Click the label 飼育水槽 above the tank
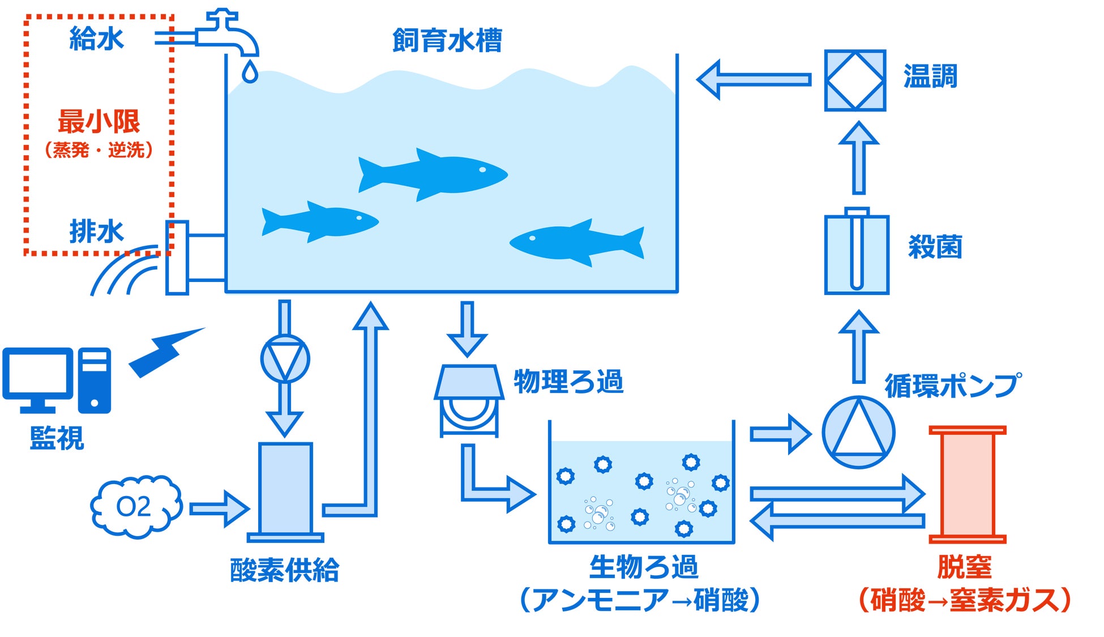(447, 41)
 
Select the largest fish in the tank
(433, 174)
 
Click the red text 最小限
(99, 121)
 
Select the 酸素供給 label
(284, 570)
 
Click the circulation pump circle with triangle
(858, 432)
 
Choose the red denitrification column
(967, 485)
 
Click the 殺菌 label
(935, 247)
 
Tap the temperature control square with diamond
(855, 80)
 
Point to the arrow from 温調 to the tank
(754, 79)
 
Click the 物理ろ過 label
(568, 382)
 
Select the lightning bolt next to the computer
(166, 352)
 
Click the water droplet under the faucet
(250, 72)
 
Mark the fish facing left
(577, 243)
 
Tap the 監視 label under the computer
(57, 438)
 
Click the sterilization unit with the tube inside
(857, 251)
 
